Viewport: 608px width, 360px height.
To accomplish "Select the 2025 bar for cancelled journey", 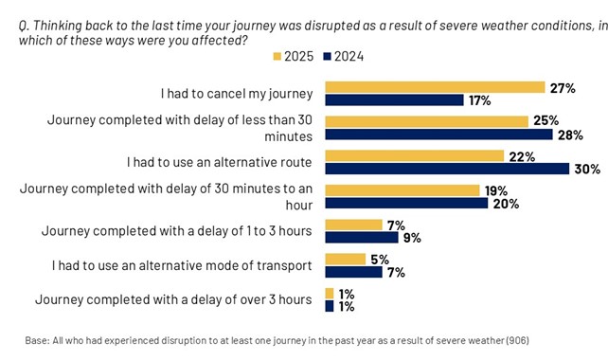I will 435,87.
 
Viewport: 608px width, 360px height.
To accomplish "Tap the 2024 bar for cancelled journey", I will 394,100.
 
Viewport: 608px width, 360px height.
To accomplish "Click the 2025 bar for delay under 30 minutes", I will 426,121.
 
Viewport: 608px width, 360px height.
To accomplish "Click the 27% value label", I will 563,87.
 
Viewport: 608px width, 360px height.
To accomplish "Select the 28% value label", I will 570,135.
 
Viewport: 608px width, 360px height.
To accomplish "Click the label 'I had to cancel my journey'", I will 237,93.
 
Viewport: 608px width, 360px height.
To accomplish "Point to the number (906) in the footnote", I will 518,338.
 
